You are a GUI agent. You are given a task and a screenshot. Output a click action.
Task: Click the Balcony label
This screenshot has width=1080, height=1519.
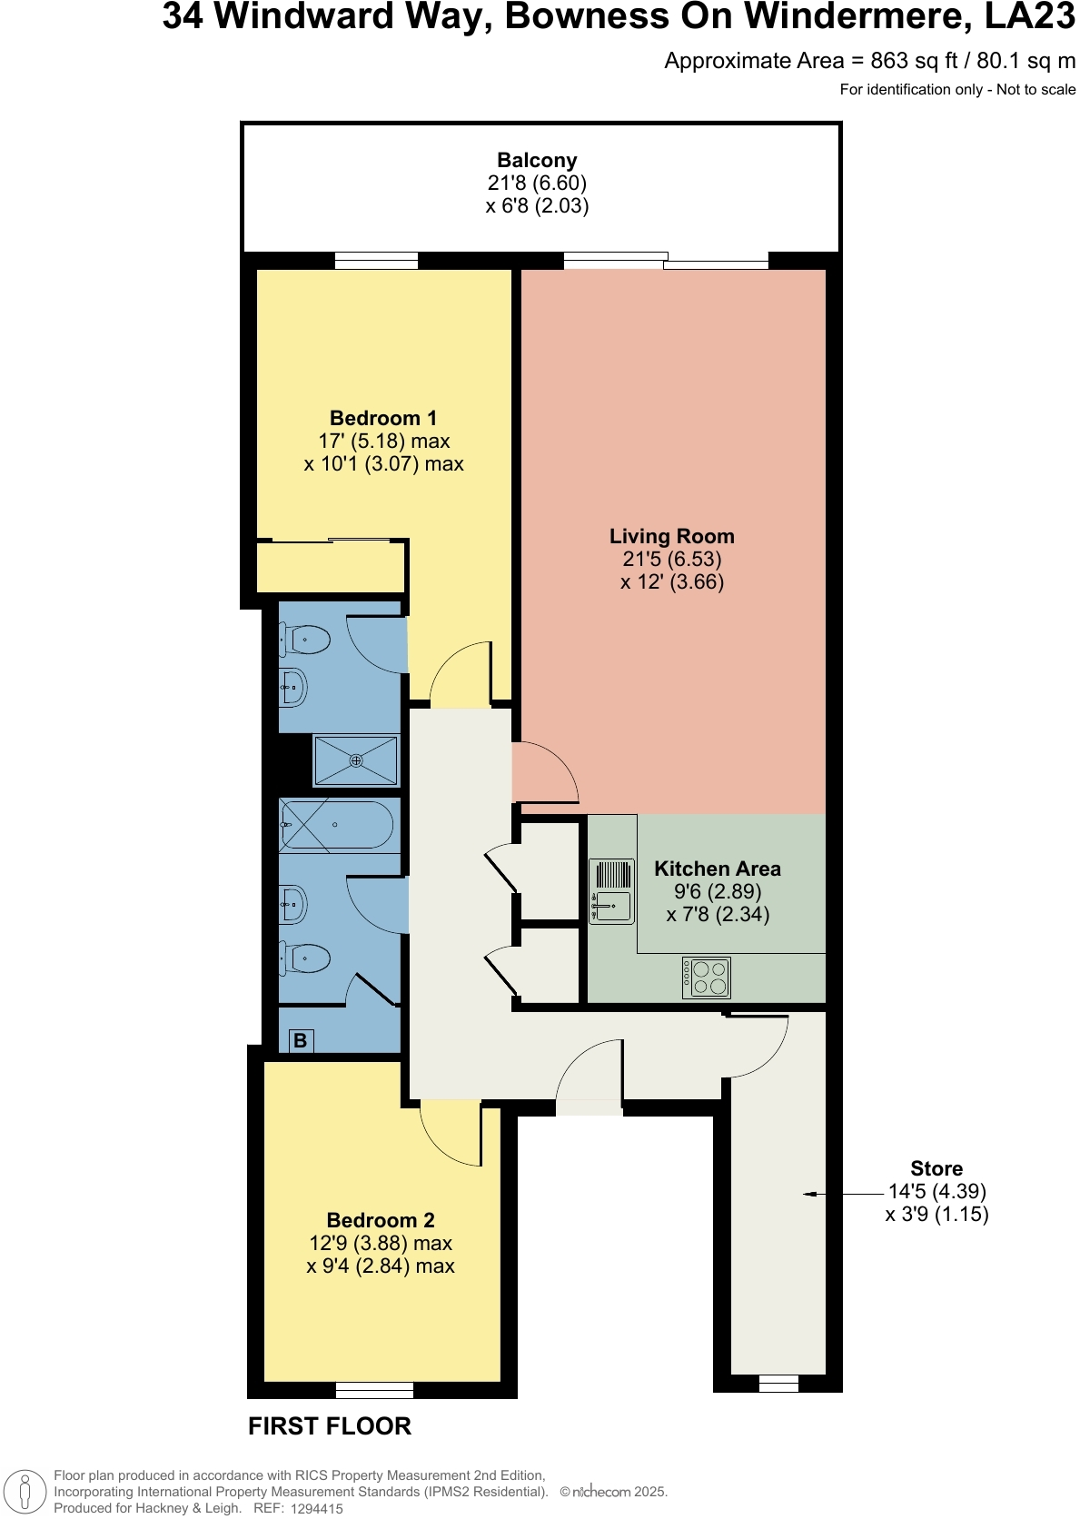(x=537, y=161)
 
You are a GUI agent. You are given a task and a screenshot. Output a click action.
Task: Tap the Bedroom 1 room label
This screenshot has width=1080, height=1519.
(x=383, y=419)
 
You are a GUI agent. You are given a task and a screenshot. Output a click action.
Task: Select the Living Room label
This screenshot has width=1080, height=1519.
(x=671, y=537)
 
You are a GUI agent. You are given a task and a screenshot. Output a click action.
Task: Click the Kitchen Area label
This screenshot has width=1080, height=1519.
(x=717, y=869)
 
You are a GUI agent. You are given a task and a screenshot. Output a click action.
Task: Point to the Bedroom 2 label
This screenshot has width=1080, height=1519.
(x=381, y=1221)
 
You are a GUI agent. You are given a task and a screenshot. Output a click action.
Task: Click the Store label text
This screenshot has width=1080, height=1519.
(x=936, y=1169)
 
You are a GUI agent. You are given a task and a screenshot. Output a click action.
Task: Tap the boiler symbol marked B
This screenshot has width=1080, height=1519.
(x=301, y=1041)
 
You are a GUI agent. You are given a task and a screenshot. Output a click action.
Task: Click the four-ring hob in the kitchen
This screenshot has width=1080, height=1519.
(x=707, y=978)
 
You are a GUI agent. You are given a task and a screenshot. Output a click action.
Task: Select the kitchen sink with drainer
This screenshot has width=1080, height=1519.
(x=612, y=892)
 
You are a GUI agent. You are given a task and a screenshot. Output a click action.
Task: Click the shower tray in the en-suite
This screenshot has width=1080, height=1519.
(x=356, y=760)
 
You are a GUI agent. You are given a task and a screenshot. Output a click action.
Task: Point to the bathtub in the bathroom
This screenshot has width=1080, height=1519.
(x=337, y=825)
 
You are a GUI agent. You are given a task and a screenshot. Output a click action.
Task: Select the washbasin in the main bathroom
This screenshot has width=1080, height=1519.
(x=293, y=904)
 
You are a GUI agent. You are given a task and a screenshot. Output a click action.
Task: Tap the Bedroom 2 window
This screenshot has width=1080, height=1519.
(x=374, y=1390)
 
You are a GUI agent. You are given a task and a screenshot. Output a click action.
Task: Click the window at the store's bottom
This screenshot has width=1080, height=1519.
(x=778, y=1384)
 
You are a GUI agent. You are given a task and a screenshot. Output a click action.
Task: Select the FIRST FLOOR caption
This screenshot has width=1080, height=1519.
(x=330, y=1426)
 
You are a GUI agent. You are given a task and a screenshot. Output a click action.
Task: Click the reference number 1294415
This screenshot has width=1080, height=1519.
(x=316, y=1509)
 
